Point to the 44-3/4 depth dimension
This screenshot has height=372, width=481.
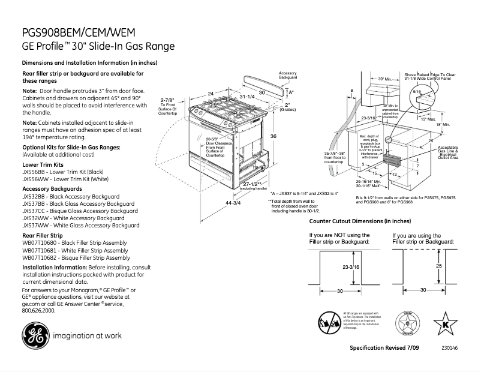pyautogui.click(x=232, y=203)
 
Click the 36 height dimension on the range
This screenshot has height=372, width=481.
pyautogui.click(x=273, y=137)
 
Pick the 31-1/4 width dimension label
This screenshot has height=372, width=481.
pyautogui.click(x=246, y=97)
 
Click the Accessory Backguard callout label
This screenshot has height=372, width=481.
pyautogui.click(x=288, y=76)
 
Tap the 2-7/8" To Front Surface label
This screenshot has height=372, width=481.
pyautogui.click(x=167, y=106)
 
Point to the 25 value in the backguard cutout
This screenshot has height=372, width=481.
pyautogui.click(x=439, y=265)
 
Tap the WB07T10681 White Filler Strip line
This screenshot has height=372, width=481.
pyautogui.click(x=74, y=250)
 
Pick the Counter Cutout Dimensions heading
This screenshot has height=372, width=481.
pyautogui.click(x=356, y=221)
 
